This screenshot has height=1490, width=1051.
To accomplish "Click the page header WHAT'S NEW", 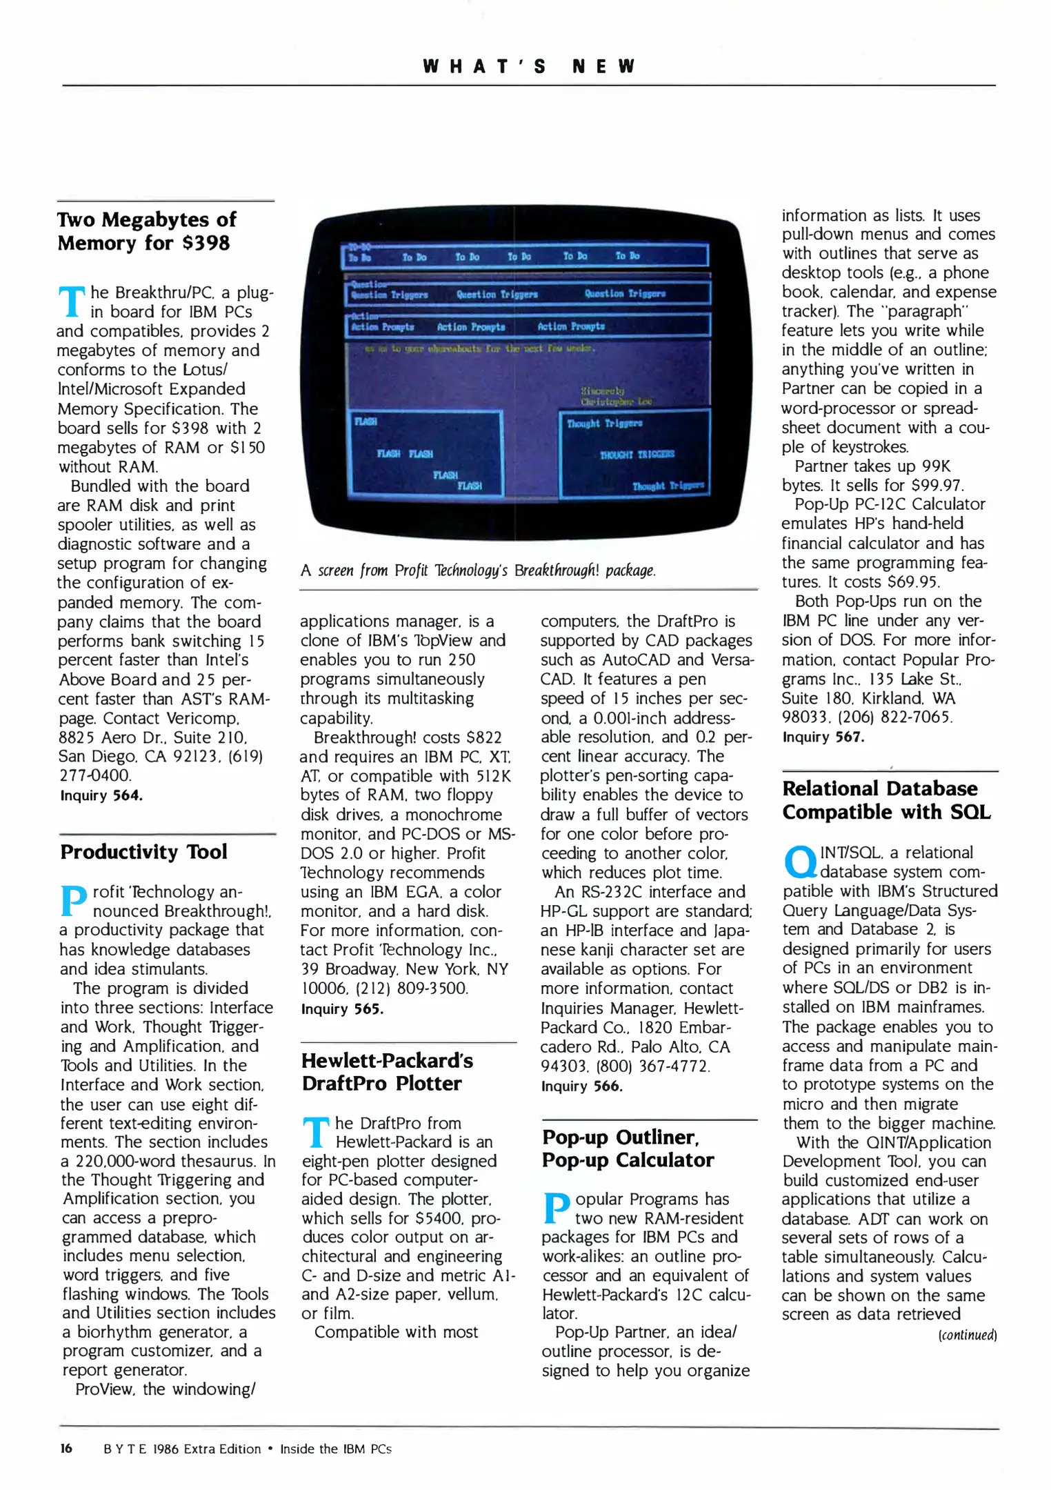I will (528, 66).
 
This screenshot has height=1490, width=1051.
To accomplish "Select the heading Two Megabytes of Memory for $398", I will (146, 231).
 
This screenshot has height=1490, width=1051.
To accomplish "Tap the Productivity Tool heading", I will (143, 852).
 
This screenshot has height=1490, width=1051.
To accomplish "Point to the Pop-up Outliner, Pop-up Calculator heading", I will (627, 1148).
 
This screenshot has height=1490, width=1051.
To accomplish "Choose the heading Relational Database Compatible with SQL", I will (885, 800).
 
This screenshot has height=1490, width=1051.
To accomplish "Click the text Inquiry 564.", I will (101, 795).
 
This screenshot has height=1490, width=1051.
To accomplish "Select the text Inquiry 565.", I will (342, 1009).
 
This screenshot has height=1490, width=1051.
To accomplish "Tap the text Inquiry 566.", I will (581, 1086).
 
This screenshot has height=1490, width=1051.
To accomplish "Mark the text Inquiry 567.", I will (823, 737).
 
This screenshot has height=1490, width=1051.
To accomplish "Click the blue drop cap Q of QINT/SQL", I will (799, 862).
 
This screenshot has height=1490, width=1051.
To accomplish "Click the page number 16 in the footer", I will (66, 1448).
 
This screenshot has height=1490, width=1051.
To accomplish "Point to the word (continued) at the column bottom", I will (967, 1335).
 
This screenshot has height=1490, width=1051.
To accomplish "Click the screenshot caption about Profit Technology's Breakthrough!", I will (478, 570).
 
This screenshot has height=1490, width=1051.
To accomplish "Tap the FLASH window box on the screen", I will (426, 453).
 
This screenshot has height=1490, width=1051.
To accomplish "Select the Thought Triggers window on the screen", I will (634, 453).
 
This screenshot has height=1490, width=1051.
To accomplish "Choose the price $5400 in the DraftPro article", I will (442, 1218).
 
